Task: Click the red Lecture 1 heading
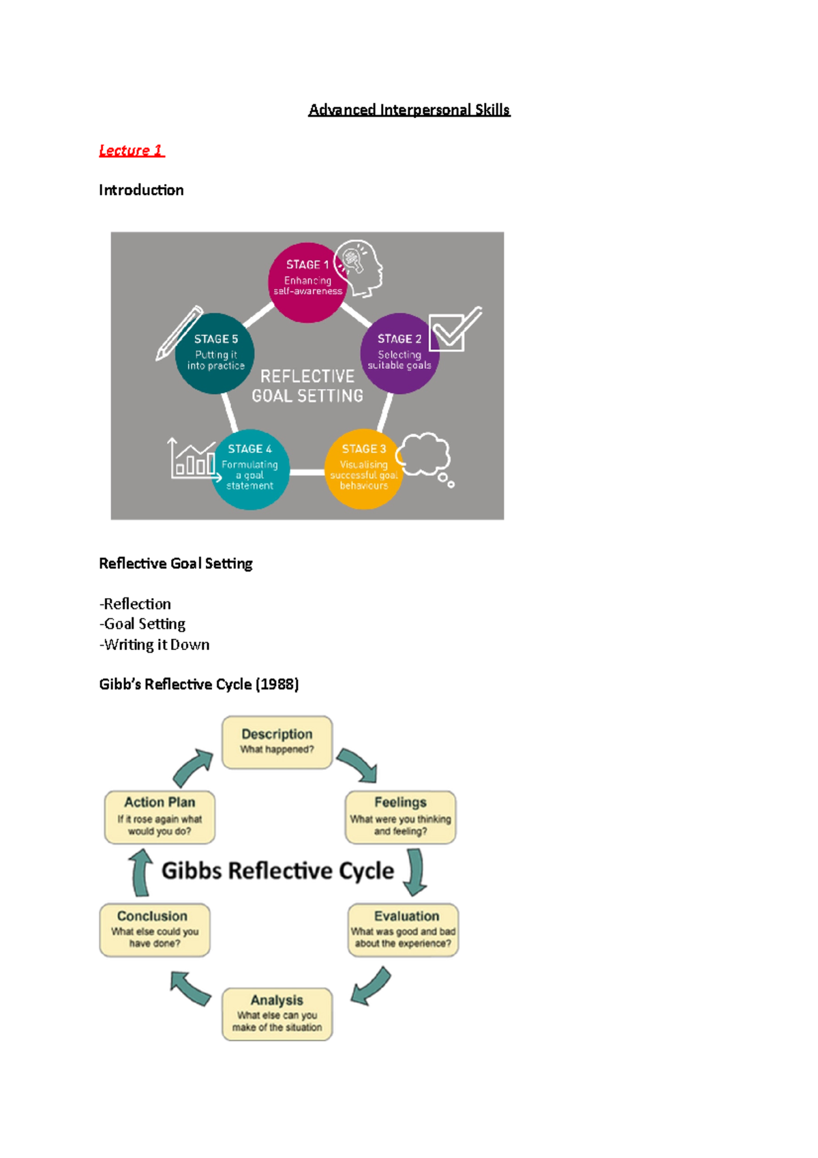coord(131,150)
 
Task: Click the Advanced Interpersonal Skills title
coord(409,110)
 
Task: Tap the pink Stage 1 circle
coord(307,282)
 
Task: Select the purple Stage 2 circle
coord(399,353)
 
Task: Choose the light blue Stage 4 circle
coord(250,469)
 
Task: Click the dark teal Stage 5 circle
coord(215,353)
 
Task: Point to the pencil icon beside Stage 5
coord(179,332)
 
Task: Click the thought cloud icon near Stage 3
coord(425,456)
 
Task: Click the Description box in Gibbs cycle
coord(277,742)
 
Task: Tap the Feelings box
coord(401,817)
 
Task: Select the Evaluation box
coord(404,930)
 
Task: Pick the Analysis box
coord(277,1014)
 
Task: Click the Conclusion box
coord(155,930)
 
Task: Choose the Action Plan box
coord(160,817)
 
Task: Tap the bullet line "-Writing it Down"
coord(155,644)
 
